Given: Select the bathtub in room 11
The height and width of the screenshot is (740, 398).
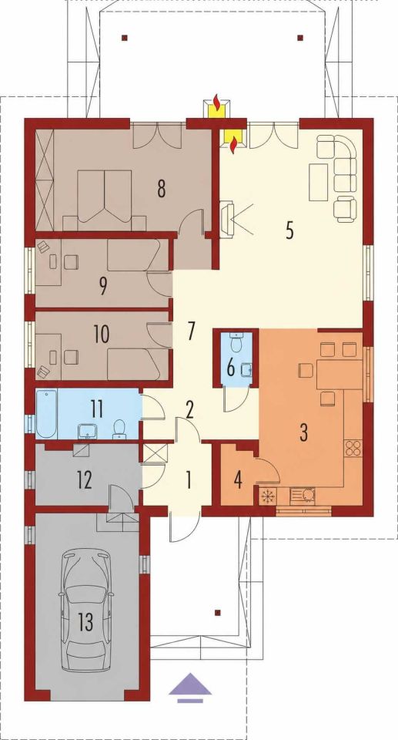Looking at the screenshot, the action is pyautogui.click(x=47, y=415).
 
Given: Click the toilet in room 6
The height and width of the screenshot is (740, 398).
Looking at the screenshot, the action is pyautogui.click(x=236, y=342).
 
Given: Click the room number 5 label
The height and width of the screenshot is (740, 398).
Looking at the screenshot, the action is pyautogui.click(x=289, y=231).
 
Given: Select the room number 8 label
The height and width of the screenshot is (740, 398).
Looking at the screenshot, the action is pyautogui.click(x=161, y=189).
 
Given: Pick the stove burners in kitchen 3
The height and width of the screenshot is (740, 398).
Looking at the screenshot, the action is pyautogui.click(x=353, y=447).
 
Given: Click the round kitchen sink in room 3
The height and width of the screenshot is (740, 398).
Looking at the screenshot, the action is pyautogui.click(x=309, y=496).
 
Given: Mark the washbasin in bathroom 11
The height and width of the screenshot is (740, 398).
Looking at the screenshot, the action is pyautogui.click(x=88, y=430).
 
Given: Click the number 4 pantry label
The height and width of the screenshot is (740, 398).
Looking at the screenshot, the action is pyautogui.click(x=238, y=480).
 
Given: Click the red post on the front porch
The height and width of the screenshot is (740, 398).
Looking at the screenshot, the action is pyautogui.click(x=217, y=613).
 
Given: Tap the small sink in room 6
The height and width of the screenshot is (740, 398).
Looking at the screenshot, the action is pyautogui.click(x=246, y=369).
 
